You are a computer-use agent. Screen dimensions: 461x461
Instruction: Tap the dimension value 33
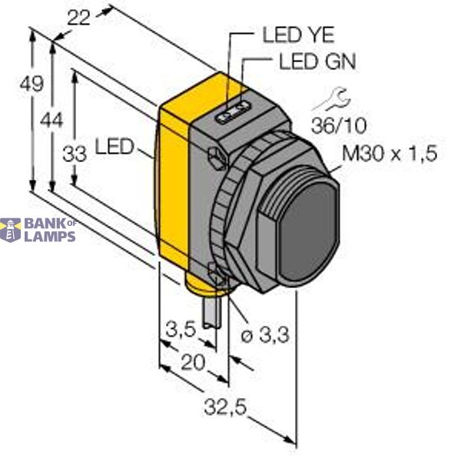75,154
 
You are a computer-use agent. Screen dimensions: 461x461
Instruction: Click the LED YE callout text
298,35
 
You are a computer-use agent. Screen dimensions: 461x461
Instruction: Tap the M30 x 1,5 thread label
388,154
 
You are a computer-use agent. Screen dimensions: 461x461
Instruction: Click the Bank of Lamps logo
38,230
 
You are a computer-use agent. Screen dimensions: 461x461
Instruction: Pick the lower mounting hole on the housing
214,270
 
